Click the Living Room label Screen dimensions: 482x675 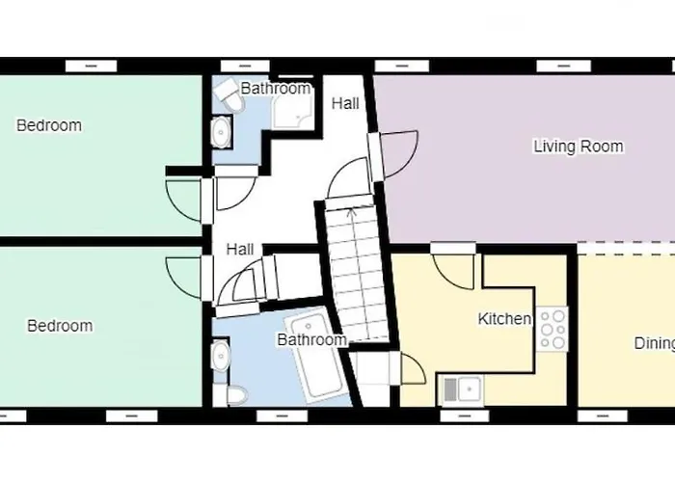coord(579,147)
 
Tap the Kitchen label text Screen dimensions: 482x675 coord(504,319)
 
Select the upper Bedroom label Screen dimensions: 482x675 coord(49,125)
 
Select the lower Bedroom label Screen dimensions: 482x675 coord(60,326)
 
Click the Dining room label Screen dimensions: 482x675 coord(653,343)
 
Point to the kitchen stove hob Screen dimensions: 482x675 coord(553,329)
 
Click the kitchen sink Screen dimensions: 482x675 coord(461,389)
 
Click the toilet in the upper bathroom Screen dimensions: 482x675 coord(228,94)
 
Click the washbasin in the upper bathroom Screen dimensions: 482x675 coord(222,132)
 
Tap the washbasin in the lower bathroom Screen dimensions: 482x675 coord(222,355)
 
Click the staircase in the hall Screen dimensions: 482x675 coord(354,275)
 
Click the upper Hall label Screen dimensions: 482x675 coord(345,102)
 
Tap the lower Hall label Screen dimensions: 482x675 coord(240,250)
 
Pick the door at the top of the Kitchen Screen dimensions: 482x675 coord(453,264)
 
